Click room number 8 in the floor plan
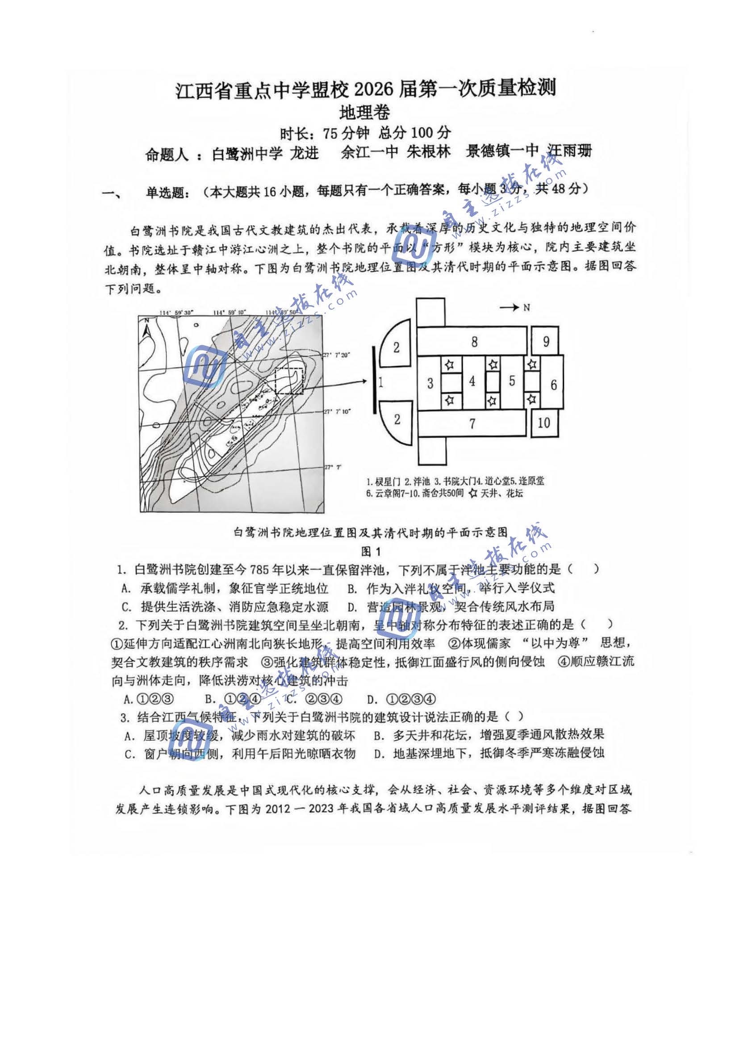tap(474, 342)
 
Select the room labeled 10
tap(543, 423)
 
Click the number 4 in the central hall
tap(472, 382)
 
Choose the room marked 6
tap(553, 385)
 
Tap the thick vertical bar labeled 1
tap(374, 382)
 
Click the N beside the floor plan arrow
tap(526, 307)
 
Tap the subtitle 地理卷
tap(364, 113)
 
